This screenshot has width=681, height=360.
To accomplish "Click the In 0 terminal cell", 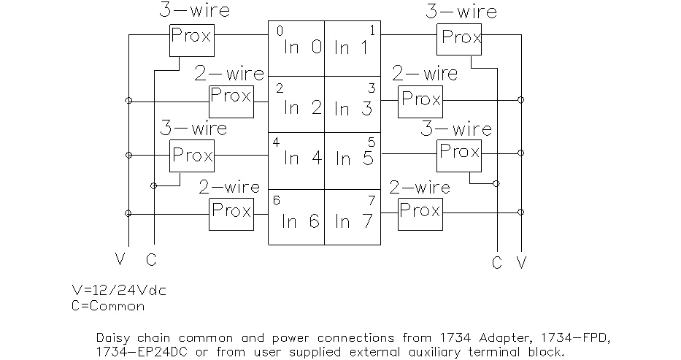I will pos(296,48).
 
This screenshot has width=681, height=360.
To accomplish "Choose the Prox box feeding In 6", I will pos(231,212).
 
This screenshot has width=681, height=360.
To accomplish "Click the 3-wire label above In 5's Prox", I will pos(455,129).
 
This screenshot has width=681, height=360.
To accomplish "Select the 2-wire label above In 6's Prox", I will pos(229,187).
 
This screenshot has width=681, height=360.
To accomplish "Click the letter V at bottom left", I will pos(120,258).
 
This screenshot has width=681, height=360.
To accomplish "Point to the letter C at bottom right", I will pos(497,263).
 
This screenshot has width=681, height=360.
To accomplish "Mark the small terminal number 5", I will pos(371,142).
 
